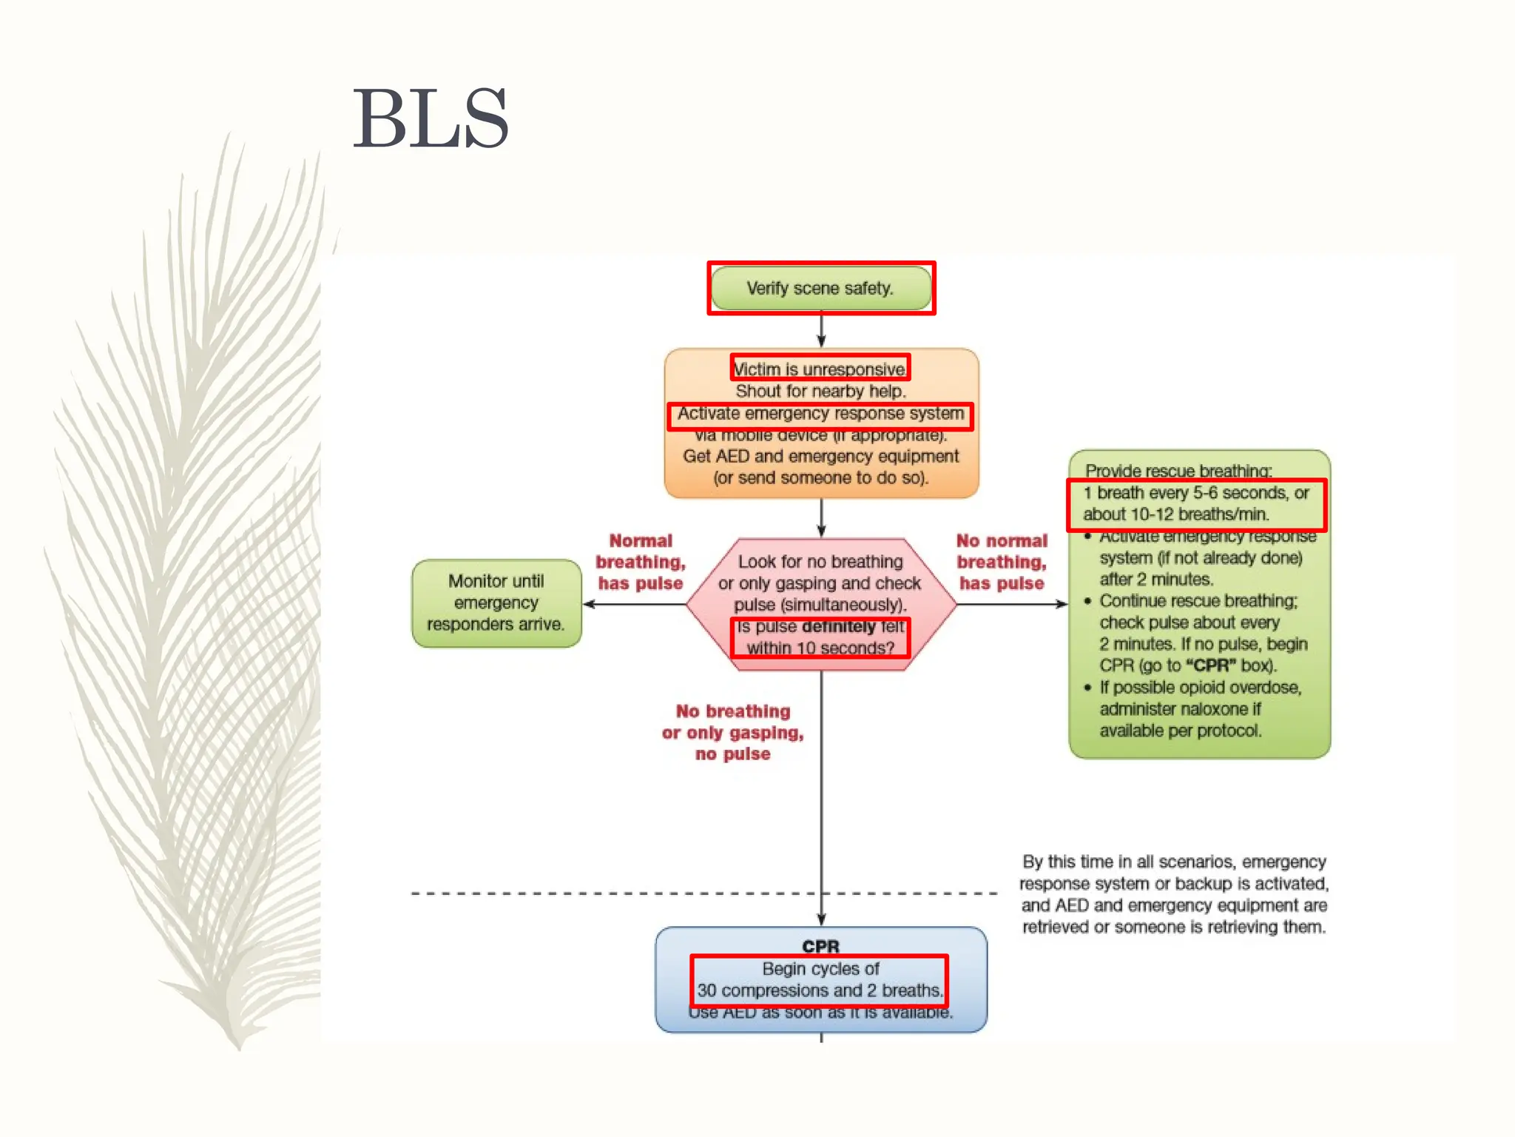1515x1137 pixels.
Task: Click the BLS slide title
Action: coord(431,118)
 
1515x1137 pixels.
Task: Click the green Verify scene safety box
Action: coord(820,289)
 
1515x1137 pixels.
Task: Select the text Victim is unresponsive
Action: coord(820,369)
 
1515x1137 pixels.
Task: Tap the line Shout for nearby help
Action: coord(820,391)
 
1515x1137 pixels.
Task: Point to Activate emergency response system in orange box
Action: coord(820,414)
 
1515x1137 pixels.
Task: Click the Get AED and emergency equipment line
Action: coord(820,457)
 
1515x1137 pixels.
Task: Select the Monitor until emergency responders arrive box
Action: coord(496,603)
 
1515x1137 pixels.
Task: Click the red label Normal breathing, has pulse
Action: coord(641,562)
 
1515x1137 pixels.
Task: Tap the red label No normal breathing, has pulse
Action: coord(1002,562)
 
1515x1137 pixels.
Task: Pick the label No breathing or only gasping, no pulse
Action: coord(732,732)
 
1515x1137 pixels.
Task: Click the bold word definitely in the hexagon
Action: coord(838,627)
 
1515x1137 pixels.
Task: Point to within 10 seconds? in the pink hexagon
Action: coord(820,648)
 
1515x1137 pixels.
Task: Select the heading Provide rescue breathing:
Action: coord(1178,471)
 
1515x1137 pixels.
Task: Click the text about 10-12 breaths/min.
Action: coord(1176,514)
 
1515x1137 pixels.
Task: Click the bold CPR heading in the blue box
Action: coord(820,947)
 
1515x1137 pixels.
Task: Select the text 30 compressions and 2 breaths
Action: coord(820,990)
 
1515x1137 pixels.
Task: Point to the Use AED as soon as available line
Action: coord(820,1013)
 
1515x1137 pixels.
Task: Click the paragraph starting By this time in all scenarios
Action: coord(1174,894)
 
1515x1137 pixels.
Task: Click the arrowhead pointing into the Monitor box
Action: coord(590,604)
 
